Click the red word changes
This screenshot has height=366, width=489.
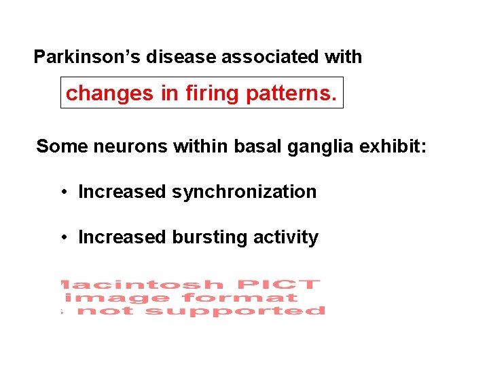coord(110,94)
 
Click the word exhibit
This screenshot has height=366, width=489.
coord(395,146)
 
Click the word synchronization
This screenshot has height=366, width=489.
coord(244,192)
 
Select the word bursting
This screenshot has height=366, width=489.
coord(210,237)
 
